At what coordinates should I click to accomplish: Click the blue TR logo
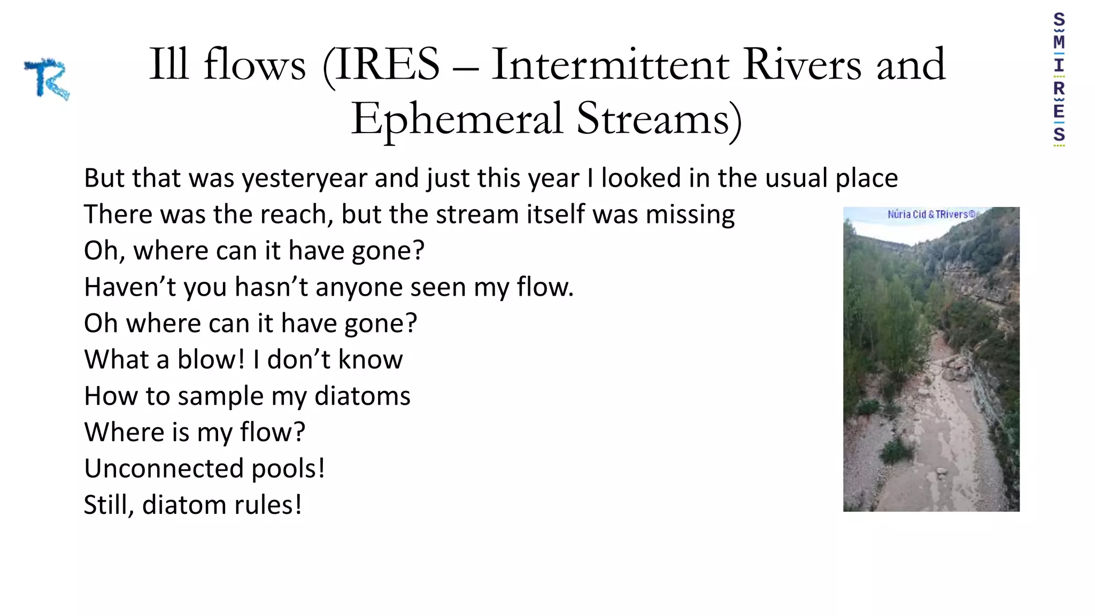coord(47,79)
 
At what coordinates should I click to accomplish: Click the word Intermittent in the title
coord(610,65)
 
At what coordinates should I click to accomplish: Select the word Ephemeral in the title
coord(457,119)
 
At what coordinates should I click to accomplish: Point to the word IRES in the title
coord(387,65)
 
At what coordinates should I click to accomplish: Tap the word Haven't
coord(130,287)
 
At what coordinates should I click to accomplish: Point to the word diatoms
coord(362,396)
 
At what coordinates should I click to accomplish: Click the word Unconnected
coord(164,469)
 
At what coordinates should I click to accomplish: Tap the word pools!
coord(288,469)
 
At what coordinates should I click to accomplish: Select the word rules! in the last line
coord(267,505)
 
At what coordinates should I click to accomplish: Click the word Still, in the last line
coord(109,505)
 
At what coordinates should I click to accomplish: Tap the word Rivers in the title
coord(801,65)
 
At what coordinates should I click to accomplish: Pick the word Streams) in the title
coord(659,119)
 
